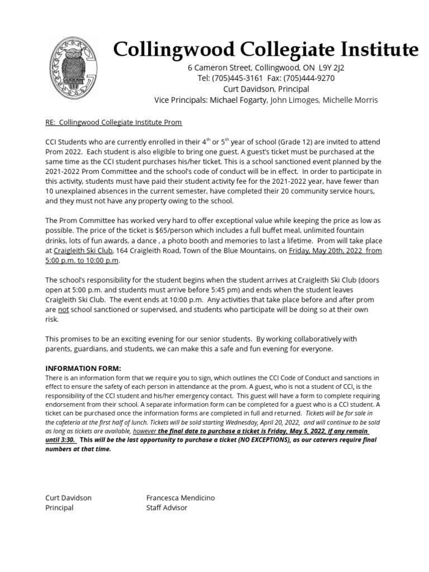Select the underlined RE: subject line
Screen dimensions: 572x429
(113, 122)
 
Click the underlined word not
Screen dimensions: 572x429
(63, 311)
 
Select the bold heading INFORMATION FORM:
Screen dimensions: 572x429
(83, 368)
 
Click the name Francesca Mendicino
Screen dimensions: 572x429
(180, 498)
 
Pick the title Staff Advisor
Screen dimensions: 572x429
(166, 508)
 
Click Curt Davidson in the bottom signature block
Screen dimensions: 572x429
(68, 498)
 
